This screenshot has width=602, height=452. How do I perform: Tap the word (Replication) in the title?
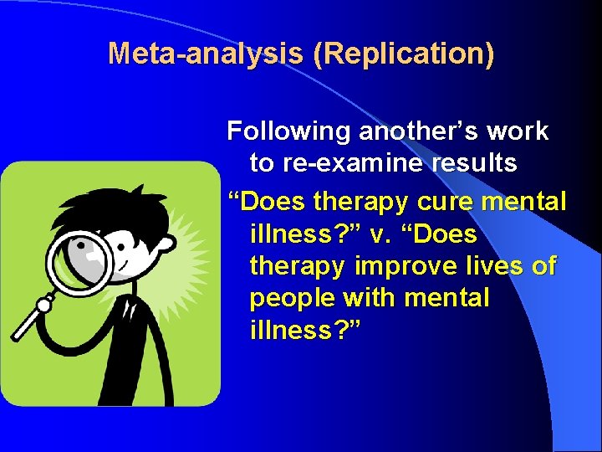click(403, 54)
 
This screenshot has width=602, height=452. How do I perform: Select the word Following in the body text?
click(289, 131)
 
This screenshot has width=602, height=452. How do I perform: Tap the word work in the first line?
click(519, 131)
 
